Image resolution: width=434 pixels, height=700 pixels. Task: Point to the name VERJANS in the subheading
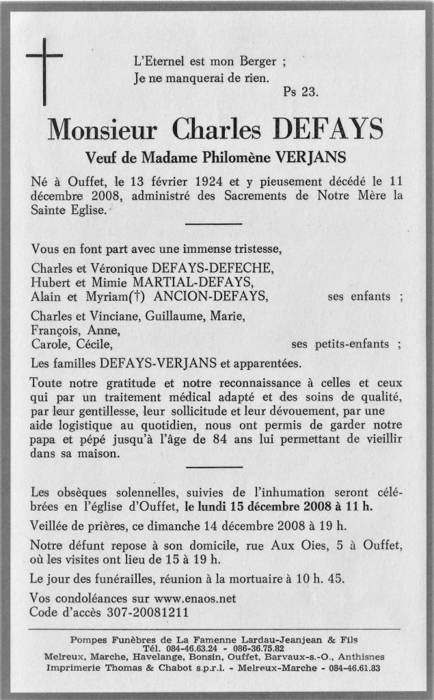click(311, 157)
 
